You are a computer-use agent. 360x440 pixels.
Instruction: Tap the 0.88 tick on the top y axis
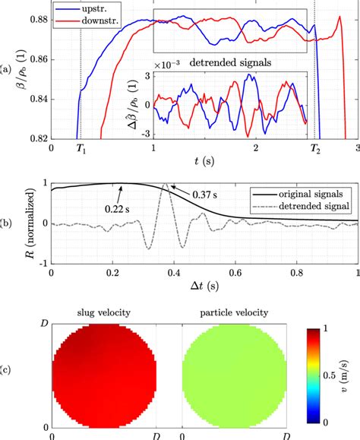(38, 20)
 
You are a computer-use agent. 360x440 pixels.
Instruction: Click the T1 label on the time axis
(80, 150)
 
